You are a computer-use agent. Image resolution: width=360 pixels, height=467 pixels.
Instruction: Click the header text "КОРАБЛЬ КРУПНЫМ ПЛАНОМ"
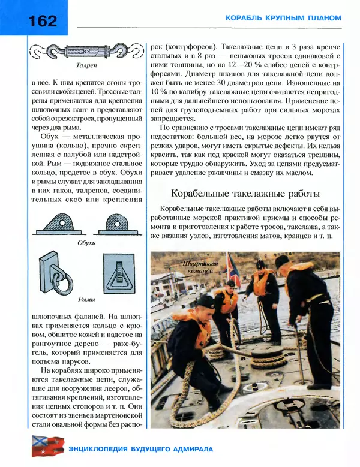pyautogui.click(x=283, y=18)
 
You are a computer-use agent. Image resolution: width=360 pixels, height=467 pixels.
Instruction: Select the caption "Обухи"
pyautogui.click(x=87, y=244)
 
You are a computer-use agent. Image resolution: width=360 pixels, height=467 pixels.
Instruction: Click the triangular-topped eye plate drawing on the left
pyautogui.click(x=59, y=224)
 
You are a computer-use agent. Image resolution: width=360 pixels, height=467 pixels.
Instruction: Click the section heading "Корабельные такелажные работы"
pyautogui.click(x=245, y=194)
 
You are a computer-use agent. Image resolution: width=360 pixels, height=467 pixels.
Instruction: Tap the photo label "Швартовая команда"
pyautogui.click(x=197, y=267)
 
